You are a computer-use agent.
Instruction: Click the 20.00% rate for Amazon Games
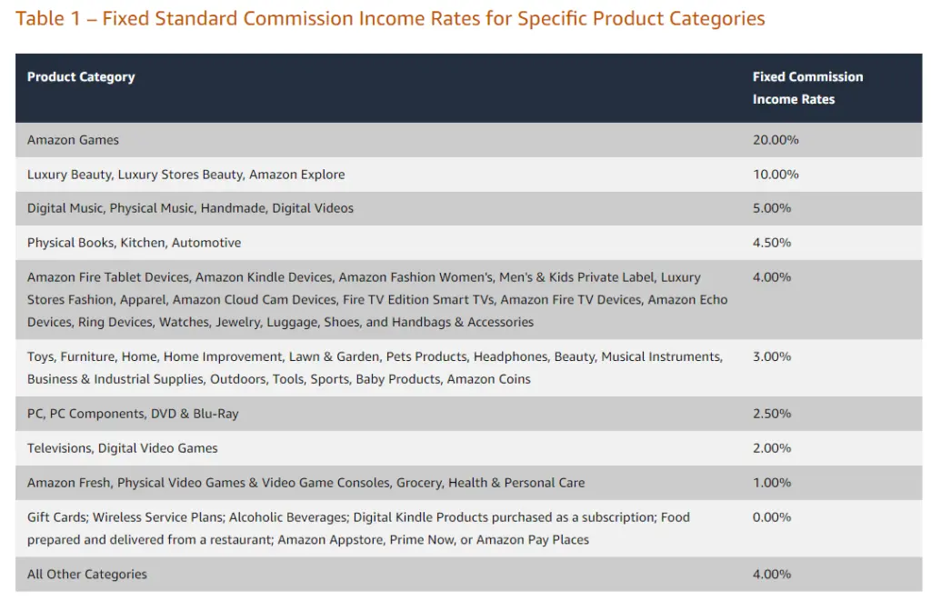coord(776,140)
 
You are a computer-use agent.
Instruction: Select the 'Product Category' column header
coord(81,77)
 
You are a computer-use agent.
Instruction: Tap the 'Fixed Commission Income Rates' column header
coord(807,88)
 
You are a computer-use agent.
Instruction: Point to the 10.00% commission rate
coord(776,175)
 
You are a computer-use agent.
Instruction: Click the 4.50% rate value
coord(772,243)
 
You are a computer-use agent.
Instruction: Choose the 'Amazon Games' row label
coord(73,140)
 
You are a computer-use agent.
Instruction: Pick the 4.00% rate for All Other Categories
coord(772,575)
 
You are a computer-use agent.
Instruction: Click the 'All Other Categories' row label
coord(87,575)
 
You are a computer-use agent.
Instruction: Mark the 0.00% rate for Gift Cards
coord(772,517)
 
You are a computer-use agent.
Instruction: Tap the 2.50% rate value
coord(772,414)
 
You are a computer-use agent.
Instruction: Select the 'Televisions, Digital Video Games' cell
coord(123,448)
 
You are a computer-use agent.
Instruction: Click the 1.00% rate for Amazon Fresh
coord(772,483)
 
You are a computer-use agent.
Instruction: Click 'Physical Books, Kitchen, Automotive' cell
coord(135,243)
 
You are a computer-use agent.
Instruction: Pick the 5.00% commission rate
coord(772,208)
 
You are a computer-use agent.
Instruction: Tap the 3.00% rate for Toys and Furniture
coord(772,357)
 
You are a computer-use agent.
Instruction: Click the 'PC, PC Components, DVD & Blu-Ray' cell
coord(133,414)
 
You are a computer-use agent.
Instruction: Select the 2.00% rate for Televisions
coord(772,448)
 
